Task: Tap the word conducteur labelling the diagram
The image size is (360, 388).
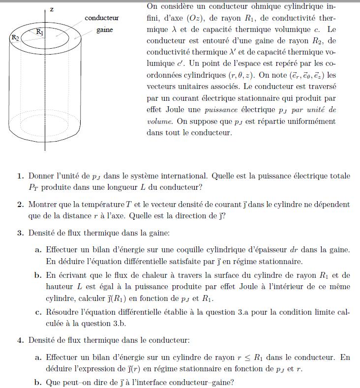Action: coord(102,18)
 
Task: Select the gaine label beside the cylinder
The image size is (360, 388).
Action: coord(104,30)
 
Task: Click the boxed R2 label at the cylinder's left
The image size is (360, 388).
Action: coord(15,37)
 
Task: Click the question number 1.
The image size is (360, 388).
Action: coord(20,176)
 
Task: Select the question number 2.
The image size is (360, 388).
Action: coord(20,204)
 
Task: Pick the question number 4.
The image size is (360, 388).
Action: coord(20,340)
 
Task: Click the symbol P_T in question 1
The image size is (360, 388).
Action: coord(34,187)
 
